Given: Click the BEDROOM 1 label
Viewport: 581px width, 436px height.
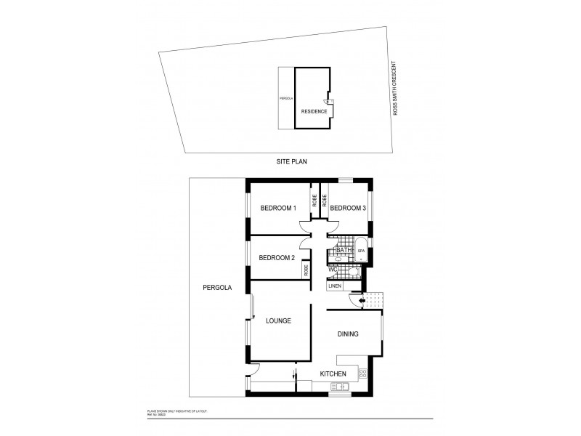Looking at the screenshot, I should coord(279,209).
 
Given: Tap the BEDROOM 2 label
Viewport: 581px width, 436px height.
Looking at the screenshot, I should coord(277,257).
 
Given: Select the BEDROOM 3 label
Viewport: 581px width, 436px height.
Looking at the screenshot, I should coord(348,209).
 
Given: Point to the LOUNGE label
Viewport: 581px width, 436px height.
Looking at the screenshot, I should coord(278,320).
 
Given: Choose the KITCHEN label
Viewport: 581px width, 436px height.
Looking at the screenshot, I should coord(333,374).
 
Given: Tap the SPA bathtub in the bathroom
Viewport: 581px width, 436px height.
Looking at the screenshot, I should coord(361,251).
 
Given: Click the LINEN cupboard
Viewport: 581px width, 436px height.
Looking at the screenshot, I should coord(335,286).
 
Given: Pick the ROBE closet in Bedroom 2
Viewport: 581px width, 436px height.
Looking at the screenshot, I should coord(306,270).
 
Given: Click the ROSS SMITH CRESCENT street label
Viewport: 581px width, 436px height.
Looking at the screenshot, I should coord(395,89).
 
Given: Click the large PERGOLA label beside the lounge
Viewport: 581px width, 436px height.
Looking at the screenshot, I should coord(216,288).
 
